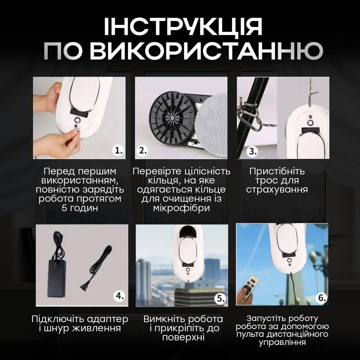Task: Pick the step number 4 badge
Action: tap(120, 296)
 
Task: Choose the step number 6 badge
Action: tap(321, 298)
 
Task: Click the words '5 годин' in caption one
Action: tap(80, 208)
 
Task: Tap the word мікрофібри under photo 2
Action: tap(181, 208)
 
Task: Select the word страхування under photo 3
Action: tap(277, 189)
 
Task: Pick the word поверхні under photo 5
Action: tap(183, 337)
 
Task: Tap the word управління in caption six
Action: tap(282, 342)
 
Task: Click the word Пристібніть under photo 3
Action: tap(277, 171)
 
